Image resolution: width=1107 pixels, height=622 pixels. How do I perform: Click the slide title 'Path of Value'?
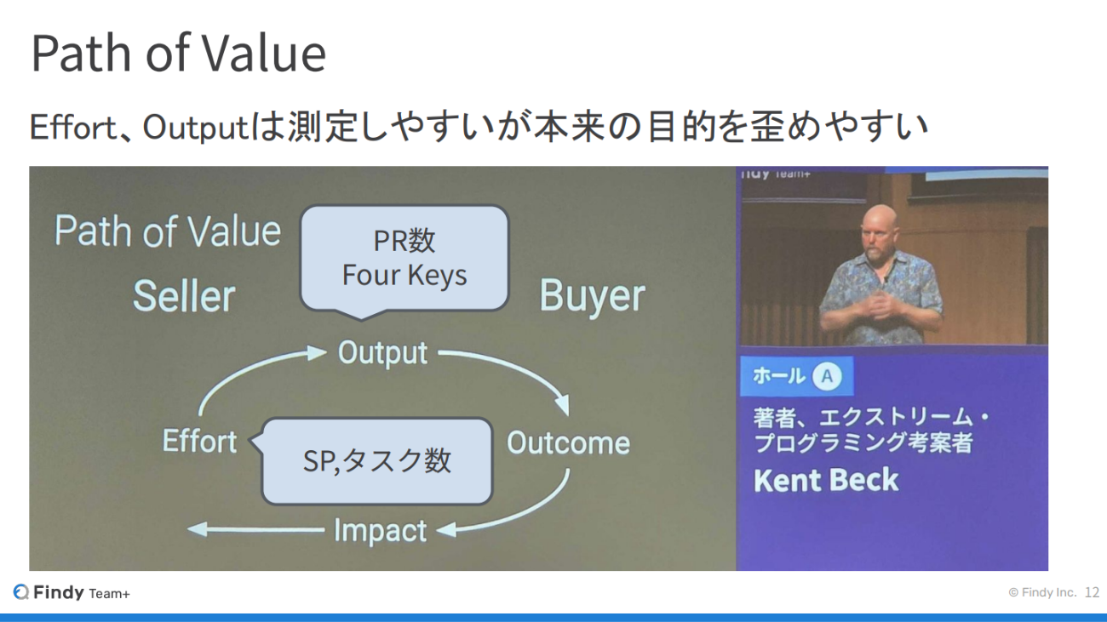tap(179, 54)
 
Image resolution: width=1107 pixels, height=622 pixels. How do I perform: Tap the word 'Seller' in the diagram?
tap(184, 295)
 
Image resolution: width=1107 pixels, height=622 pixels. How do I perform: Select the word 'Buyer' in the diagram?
tap(592, 296)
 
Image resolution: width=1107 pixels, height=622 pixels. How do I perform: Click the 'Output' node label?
tap(382, 353)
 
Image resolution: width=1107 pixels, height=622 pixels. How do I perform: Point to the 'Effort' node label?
tap(199, 441)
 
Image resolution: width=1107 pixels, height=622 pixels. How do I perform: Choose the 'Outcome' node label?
tap(568, 442)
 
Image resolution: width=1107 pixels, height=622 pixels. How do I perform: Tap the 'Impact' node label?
tap(380, 531)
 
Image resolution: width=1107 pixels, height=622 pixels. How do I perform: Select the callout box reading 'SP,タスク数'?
tap(373, 461)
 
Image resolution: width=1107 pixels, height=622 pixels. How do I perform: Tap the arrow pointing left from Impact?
tap(255, 530)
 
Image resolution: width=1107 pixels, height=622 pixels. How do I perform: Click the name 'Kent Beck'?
tap(826, 480)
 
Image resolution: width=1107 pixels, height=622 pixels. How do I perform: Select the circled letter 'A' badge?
tap(827, 376)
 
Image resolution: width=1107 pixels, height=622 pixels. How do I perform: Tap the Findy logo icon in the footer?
tap(21, 592)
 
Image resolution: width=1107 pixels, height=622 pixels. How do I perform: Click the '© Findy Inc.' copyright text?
tap(1042, 592)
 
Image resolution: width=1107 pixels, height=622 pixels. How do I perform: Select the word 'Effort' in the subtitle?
tap(72, 128)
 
